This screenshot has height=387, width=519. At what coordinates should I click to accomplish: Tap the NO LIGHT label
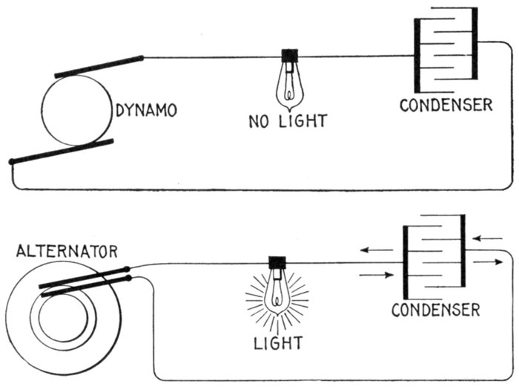[x=288, y=120]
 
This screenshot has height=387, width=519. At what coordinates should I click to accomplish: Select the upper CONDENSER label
[x=446, y=105]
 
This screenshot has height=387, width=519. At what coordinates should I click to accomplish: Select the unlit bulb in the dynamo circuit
[x=287, y=86]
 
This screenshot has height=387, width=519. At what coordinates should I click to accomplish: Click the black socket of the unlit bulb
[x=288, y=56]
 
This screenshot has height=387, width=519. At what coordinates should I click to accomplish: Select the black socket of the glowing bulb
[x=278, y=263]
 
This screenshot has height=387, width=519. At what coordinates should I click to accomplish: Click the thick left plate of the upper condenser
[x=417, y=55]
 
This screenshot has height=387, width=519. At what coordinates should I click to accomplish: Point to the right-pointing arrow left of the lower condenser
[x=376, y=275]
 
